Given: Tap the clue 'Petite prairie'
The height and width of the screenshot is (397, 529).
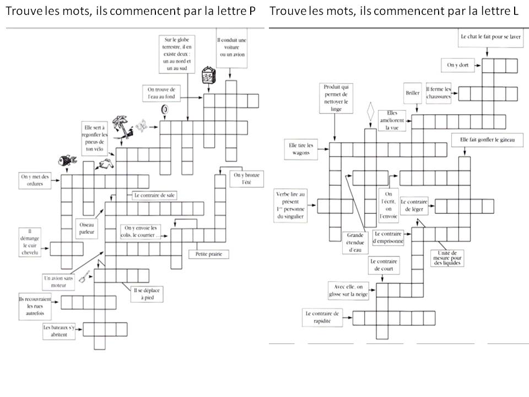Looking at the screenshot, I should (208, 254).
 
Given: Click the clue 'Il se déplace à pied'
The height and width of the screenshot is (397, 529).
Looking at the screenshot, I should (148, 293).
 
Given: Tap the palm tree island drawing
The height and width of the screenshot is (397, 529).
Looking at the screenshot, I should (122, 127).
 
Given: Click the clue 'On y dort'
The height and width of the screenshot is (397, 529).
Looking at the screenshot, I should (457, 65).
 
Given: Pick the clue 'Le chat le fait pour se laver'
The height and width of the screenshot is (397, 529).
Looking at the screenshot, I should (488, 37).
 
